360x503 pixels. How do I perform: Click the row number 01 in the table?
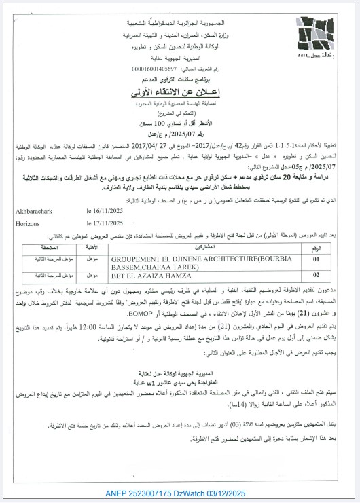334,259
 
